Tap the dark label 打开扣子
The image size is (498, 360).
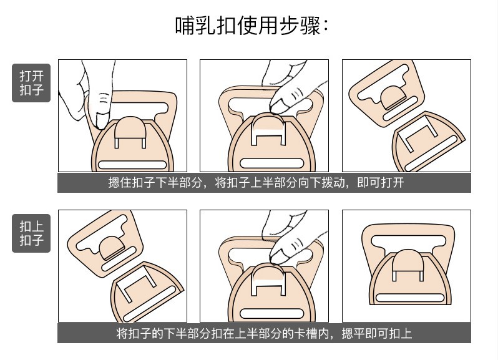pos(31,83)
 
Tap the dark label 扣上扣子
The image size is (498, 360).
pos(31,233)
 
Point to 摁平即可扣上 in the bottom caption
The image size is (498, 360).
pos(376,333)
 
